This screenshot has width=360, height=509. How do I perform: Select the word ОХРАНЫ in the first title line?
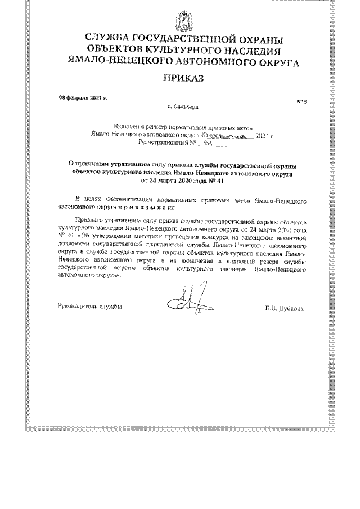click(255, 39)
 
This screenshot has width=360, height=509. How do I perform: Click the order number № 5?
click(301, 101)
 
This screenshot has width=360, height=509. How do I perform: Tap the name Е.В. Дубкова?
click(286, 308)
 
